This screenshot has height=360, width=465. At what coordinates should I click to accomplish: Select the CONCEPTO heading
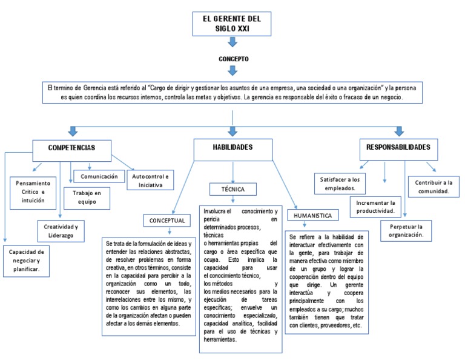click(233, 59)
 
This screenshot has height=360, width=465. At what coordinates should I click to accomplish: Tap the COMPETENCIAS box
click(71, 148)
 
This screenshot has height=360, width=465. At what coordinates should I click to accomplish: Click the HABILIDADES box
click(232, 148)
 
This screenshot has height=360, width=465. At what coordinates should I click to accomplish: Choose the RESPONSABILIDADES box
click(398, 147)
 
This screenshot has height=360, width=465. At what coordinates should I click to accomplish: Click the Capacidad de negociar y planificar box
click(27, 260)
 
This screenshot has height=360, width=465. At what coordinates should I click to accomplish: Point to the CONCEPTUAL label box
click(167, 221)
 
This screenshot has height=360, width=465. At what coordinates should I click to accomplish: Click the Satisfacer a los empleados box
click(339, 183)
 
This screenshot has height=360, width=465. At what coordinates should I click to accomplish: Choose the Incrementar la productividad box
click(375, 207)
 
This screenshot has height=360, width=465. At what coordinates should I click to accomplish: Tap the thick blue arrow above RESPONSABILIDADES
click(398, 131)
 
